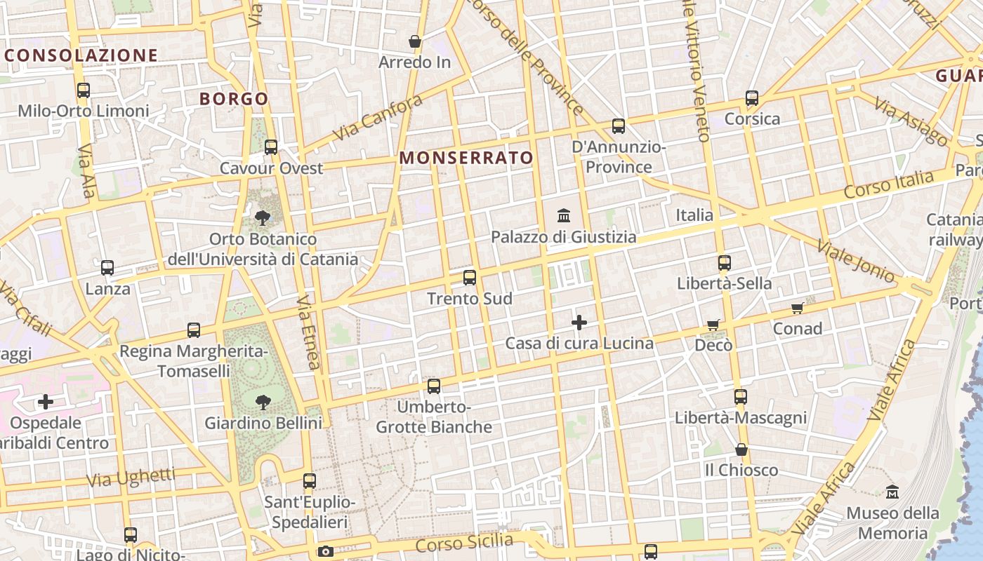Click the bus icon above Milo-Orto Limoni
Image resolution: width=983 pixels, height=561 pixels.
(x=83, y=90)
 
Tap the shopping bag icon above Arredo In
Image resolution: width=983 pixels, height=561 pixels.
(x=415, y=41)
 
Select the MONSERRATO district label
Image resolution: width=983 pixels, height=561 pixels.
(x=466, y=158)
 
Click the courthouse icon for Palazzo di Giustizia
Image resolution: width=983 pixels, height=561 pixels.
(x=563, y=215)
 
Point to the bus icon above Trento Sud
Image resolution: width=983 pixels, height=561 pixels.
(x=470, y=278)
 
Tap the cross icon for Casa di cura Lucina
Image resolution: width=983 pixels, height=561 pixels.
(x=579, y=323)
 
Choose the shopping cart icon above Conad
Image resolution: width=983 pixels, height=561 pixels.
(x=797, y=308)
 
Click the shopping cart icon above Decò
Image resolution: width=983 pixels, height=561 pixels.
(x=713, y=325)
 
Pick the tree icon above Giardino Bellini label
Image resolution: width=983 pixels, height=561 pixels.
(x=263, y=403)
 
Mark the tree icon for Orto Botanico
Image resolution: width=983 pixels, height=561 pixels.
(x=263, y=218)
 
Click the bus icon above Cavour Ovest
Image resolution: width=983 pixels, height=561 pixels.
(x=271, y=147)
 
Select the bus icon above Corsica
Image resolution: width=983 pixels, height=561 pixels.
(x=752, y=98)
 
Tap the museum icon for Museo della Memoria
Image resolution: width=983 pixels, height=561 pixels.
(x=892, y=492)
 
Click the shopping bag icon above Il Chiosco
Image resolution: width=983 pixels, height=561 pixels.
(x=741, y=450)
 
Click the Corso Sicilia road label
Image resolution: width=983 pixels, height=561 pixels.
(x=464, y=542)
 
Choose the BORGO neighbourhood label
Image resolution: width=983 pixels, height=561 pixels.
(x=234, y=99)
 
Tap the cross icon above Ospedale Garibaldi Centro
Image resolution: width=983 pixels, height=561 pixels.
(x=46, y=402)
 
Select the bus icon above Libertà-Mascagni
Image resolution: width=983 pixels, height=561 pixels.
(x=740, y=397)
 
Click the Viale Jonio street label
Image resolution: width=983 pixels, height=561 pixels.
(x=856, y=261)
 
